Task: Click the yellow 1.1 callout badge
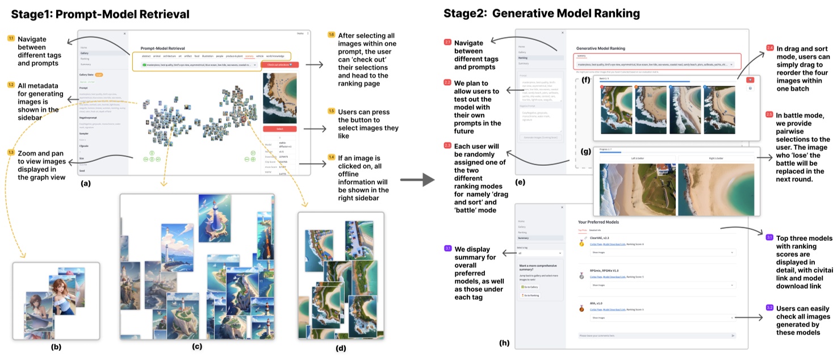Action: point(11,39)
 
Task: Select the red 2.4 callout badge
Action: point(770,48)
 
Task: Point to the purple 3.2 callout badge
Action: point(769,307)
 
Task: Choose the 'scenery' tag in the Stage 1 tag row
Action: point(249,56)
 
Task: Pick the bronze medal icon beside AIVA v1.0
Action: point(580,309)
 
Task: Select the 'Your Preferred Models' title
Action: point(598,222)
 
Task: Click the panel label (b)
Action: point(56,346)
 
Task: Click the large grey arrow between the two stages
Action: point(417,181)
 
